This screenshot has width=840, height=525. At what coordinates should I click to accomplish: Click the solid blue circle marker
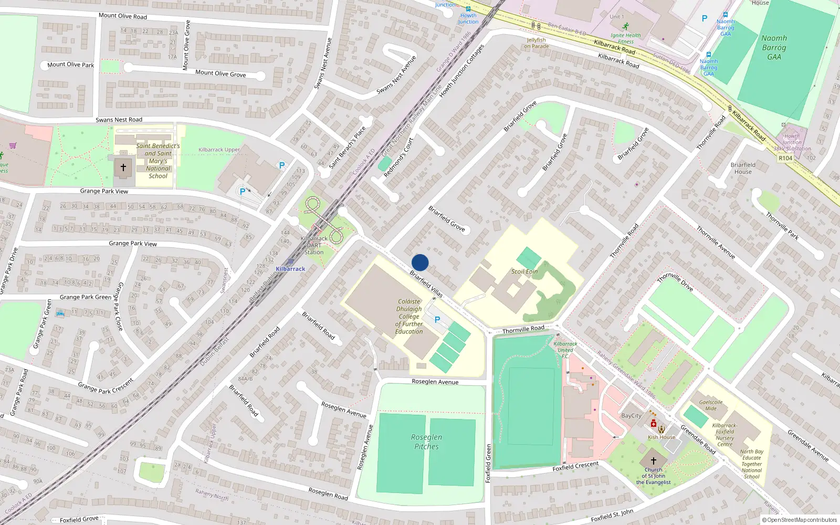click(420, 262)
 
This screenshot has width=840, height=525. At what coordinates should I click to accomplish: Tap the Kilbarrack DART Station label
click(314, 245)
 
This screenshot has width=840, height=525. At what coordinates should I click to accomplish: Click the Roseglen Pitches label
click(426, 442)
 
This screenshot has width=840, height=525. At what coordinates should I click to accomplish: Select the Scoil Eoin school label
click(524, 271)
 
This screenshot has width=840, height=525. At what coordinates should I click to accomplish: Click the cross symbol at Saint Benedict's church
click(123, 167)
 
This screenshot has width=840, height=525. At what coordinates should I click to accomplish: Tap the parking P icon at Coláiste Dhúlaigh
click(437, 319)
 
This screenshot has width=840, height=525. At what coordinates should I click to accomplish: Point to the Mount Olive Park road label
click(70, 65)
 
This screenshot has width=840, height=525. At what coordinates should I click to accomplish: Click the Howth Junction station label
click(468, 18)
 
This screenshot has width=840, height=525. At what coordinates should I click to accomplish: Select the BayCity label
click(631, 415)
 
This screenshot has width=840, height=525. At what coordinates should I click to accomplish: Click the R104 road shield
click(785, 158)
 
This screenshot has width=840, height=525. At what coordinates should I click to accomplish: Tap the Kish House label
click(661, 437)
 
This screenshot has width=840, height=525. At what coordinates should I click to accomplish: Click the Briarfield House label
click(743, 168)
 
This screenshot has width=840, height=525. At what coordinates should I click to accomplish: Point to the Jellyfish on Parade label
click(536, 43)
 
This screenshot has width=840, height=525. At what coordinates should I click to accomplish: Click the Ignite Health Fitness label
click(625, 38)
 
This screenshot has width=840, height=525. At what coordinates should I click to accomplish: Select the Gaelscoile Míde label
click(711, 405)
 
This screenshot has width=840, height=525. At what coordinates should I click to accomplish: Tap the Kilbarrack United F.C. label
click(565, 350)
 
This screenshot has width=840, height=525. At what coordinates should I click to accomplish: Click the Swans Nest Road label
click(119, 120)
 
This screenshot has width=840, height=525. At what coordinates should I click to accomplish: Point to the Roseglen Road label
click(328, 493)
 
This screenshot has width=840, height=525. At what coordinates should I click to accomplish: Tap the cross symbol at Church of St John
click(654, 460)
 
